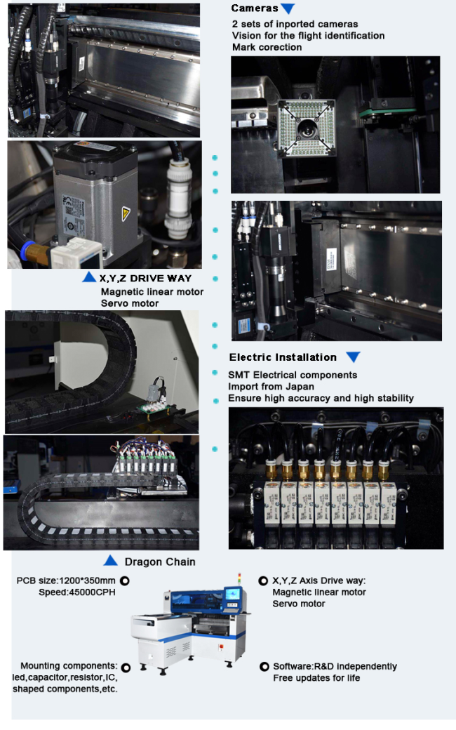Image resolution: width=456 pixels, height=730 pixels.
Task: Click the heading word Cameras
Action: (x=255, y=8)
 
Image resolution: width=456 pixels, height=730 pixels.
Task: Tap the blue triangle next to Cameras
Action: (x=288, y=8)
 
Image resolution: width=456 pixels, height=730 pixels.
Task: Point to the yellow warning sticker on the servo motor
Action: (x=126, y=213)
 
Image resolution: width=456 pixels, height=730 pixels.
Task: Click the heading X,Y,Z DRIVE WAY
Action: (x=145, y=279)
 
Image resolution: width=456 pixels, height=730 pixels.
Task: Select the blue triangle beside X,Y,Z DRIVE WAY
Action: (x=89, y=277)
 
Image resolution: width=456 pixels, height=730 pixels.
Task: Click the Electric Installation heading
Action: (x=283, y=357)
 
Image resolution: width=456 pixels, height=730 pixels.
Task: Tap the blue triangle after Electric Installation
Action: (x=353, y=357)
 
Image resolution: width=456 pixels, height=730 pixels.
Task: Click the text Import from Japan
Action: (x=271, y=387)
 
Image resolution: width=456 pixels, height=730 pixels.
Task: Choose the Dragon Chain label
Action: (x=160, y=562)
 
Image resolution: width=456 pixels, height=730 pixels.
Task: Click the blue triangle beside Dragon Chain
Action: (x=110, y=560)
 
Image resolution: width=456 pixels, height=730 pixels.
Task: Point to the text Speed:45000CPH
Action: (x=76, y=592)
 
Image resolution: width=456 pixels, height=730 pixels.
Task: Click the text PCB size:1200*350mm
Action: (x=66, y=580)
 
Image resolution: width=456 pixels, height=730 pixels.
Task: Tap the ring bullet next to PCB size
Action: (x=125, y=581)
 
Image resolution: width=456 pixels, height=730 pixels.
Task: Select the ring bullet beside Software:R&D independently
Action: (x=264, y=667)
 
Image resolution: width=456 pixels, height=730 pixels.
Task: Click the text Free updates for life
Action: (x=316, y=678)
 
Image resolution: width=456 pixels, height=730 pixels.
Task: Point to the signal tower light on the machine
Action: (x=240, y=579)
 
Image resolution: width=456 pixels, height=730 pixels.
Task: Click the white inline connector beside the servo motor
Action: (x=179, y=197)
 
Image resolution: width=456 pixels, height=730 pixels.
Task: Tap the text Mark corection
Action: (x=267, y=47)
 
